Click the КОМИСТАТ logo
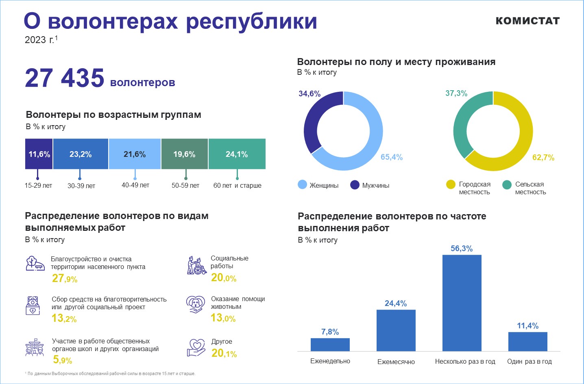coord(527,21)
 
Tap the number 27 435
coord(65,78)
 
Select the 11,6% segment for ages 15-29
coord(39,154)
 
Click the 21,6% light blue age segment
coord(135,154)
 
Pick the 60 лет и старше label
coord(237,186)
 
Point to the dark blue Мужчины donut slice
coord(313,120)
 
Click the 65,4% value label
coord(391,157)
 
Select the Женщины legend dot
coord(302,185)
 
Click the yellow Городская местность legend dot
coord(451,184)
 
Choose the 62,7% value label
coord(543,158)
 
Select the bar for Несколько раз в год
coord(462,303)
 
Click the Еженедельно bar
coord(330,344)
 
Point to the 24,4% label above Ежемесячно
coord(396,304)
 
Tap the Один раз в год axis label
coord(529,362)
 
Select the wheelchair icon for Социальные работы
coord(197,266)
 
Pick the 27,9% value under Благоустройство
coord(64,279)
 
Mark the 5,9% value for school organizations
coord(62,360)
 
